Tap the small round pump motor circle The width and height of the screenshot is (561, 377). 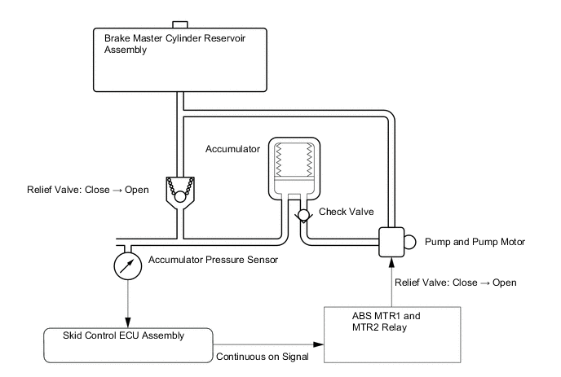point(410,241)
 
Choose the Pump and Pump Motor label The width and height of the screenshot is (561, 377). point(470,241)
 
